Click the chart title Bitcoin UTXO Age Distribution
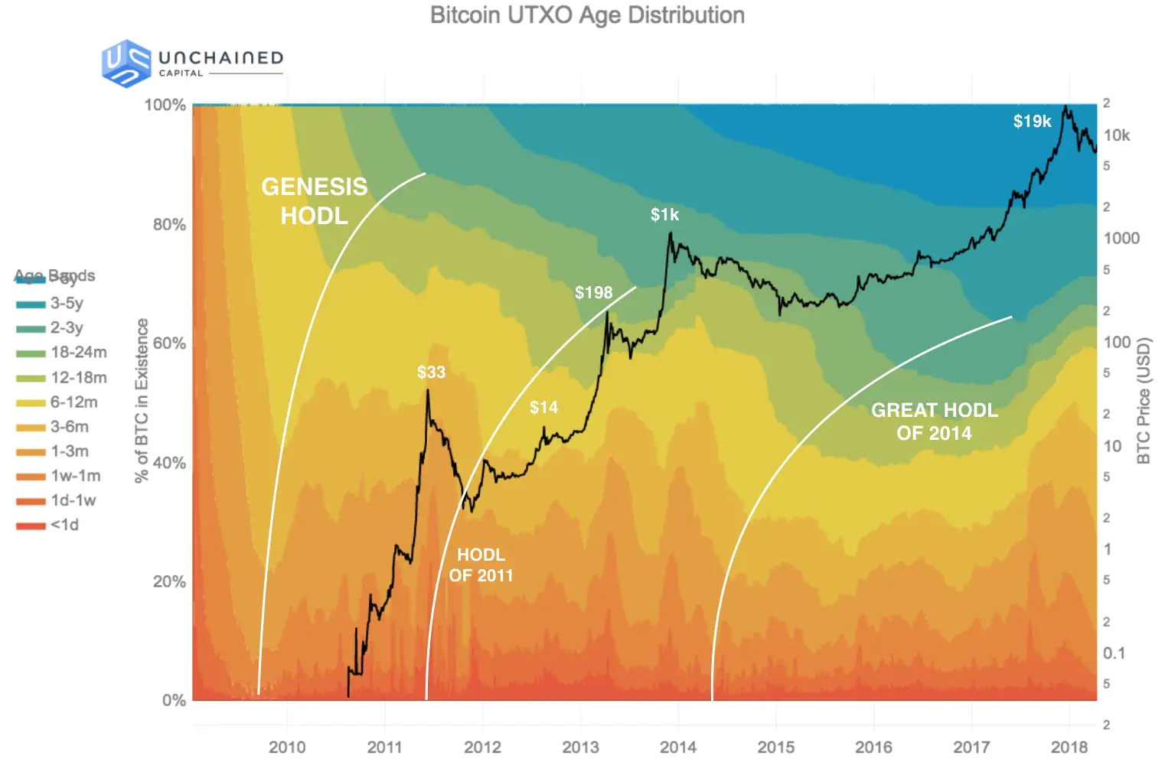coord(587,15)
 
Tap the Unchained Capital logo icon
coord(126,63)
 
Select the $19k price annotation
coord(1032,122)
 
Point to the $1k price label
coord(664,215)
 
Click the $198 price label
coord(593,293)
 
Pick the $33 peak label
coord(431,373)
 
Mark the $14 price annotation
coord(543,408)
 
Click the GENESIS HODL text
coord(314,201)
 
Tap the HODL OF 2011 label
coord(481,565)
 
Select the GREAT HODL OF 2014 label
coord(934,422)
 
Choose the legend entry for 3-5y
coord(67,304)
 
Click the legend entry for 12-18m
coord(78,378)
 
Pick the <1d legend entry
coord(64,526)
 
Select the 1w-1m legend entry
coord(75,476)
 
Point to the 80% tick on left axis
coord(169,225)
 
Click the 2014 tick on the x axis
coord(678,747)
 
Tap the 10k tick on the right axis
coord(1116,135)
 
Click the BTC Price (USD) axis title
coord(1144,401)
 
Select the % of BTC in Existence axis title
coord(142,401)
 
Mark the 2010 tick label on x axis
coord(287,747)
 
